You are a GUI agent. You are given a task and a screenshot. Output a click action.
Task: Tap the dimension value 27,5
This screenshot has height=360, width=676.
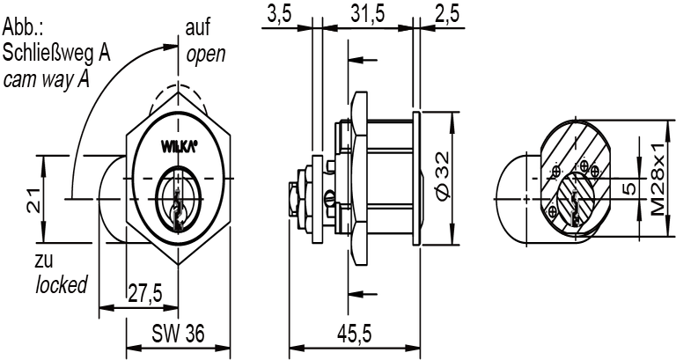(143, 294)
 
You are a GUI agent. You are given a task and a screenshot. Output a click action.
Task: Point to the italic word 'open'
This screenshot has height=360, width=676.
(205, 55)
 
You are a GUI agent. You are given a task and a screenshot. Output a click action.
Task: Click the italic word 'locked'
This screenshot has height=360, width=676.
(62, 285)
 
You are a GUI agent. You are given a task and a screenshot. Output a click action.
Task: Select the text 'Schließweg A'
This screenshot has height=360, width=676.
(55, 53)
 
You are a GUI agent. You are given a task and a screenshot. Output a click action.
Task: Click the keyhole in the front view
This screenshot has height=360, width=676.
(180, 203)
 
